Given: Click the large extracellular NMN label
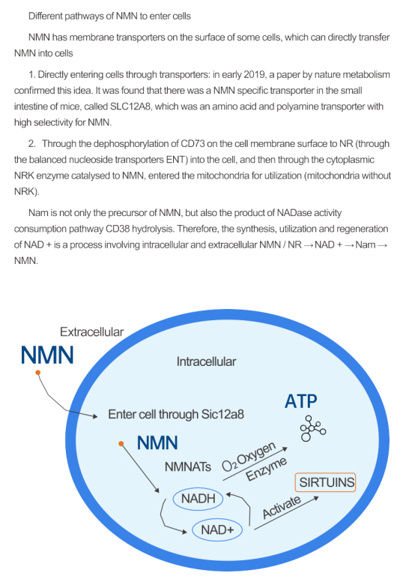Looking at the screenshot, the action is click(x=47, y=355).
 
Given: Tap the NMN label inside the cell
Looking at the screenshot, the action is click(x=157, y=442).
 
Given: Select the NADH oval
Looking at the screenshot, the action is click(x=198, y=499).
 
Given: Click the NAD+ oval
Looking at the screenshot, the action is click(x=217, y=529).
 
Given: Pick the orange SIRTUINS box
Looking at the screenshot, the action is click(x=326, y=482).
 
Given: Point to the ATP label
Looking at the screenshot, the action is click(x=301, y=401).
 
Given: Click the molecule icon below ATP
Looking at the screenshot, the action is click(x=313, y=428).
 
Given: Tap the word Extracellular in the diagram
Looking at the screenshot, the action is click(x=91, y=331).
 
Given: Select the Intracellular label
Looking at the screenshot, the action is click(x=206, y=361).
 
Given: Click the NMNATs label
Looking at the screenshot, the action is click(x=188, y=466).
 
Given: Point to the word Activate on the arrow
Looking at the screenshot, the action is click(x=282, y=507).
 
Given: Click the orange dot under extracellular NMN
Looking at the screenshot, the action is click(x=38, y=372).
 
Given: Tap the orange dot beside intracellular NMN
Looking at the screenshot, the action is click(x=121, y=443).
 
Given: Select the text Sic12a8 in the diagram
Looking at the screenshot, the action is click(x=222, y=415).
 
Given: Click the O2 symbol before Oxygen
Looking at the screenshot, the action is click(x=229, y=466).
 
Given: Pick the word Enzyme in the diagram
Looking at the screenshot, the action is click(x=267, y=469).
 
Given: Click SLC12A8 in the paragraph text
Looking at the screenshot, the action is click(x=131, y=106).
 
